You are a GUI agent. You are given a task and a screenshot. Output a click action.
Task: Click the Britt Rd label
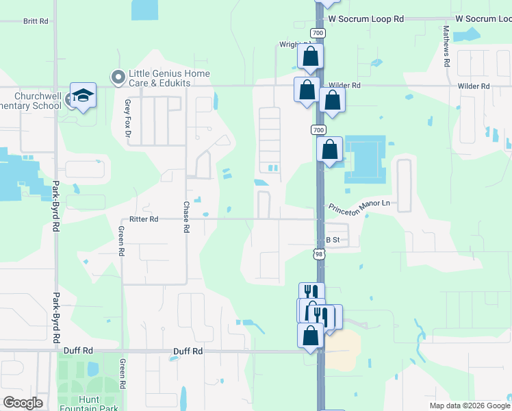(x=36, y=21)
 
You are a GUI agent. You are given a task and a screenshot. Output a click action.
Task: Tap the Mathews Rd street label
(x=446, y=46)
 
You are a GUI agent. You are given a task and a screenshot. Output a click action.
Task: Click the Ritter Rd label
(x=144, y=219)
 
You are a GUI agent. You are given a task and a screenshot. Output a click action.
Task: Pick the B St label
(x=333, y=240)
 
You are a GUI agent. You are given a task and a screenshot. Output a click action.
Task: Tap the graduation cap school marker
(x=83, y=96)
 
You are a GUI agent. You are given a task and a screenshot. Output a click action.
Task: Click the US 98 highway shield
(x=318, y=254)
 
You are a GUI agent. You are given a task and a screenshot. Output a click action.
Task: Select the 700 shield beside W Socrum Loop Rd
(x=318, y=33)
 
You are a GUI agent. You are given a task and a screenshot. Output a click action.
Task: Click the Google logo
(x=23, y=403)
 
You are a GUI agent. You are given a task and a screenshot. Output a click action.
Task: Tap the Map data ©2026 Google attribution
(x=468, y=406)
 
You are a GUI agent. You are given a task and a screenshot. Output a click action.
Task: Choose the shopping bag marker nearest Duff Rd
(x=310, y=336)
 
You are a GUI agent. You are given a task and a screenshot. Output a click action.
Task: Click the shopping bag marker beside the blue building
(x=330, y=149)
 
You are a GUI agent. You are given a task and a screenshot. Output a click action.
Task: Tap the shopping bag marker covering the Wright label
(x=310, y=57)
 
